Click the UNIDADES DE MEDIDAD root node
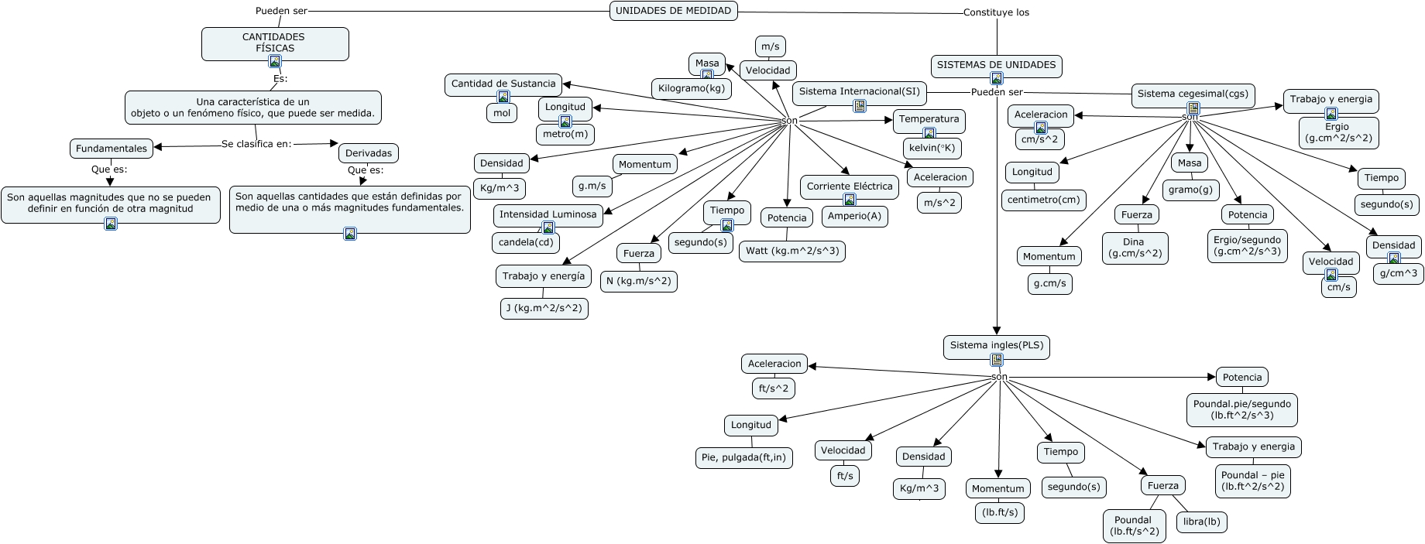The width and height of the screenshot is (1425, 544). coord(673,11)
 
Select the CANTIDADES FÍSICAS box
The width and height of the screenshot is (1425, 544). coord(274,42)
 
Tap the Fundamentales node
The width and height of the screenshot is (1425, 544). coord(112,149)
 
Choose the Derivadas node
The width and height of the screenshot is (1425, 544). coord(369,153)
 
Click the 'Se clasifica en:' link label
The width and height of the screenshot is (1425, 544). coord(256,144)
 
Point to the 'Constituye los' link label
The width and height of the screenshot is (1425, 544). coord(996,12)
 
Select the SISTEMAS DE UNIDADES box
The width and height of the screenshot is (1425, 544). coord(996,65)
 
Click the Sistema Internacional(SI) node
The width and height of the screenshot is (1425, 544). coord(859,91)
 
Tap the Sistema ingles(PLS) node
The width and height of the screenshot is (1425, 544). coord(997,346)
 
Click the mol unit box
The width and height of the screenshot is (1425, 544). coord(502,113)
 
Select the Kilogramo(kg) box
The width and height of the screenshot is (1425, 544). coord(692,89)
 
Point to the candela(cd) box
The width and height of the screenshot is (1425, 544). coord(526,242)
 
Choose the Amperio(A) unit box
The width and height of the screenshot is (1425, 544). coord(854,216)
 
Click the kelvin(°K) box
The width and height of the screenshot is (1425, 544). coord(932,148)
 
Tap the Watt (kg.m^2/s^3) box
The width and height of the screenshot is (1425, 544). coord(792,251)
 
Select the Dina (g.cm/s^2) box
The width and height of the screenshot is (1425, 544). coord(1135,248)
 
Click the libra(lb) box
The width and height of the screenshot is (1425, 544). coord(1201,522)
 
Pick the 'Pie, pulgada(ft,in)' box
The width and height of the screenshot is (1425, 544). coord(743,457)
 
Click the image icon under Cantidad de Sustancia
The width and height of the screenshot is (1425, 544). coord(503,97)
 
